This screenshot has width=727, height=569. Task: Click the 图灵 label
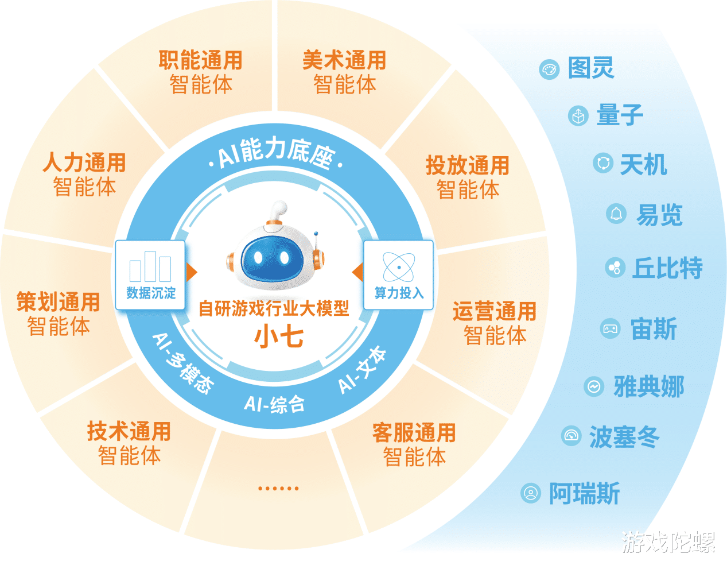[x=591, y=68]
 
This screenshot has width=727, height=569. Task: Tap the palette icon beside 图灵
[x=549, y=69]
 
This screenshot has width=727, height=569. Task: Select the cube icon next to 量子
[x=578, y=116]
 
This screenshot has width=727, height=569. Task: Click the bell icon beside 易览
[x=616, y=213]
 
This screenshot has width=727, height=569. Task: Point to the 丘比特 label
[x=667, y=268]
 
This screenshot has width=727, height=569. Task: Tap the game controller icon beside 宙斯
[x=610, y=328]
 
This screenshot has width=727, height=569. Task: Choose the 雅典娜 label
[x=649, y=386]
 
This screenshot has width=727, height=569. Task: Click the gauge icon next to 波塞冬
[x=571, y=436]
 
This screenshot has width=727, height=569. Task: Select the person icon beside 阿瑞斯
[x=531, y=493]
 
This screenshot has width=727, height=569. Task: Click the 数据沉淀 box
[x=150, y=275]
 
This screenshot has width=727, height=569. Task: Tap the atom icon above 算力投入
[x=398, y=267]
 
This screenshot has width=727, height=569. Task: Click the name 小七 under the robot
[x=279, y=336]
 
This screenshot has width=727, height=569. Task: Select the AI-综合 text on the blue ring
[x=275, y=404]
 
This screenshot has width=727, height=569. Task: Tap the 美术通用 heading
[x=344, y=60]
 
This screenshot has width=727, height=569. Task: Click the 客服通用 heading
[x=414, y=432]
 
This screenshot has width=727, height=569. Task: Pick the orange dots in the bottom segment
[x=278, y=489]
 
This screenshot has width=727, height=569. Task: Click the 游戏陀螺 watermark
[x=669, y=542]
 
